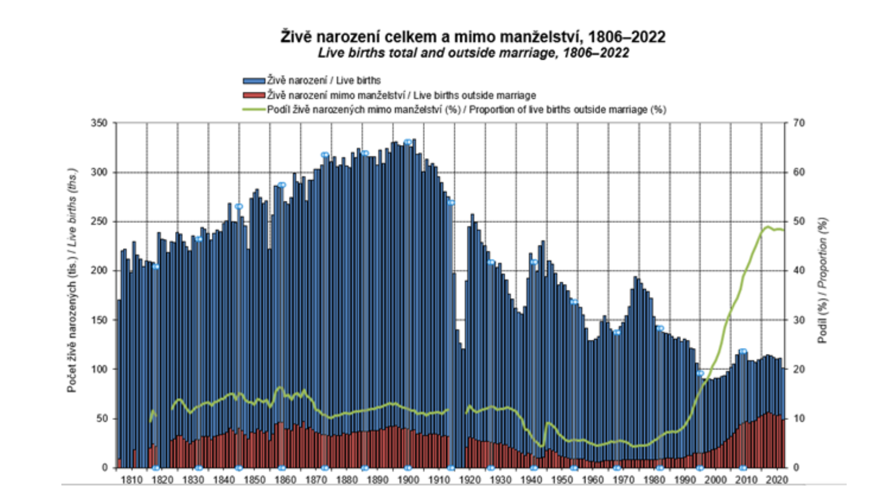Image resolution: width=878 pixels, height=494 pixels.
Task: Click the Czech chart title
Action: (472, 37)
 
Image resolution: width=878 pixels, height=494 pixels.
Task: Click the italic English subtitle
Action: (473, 53)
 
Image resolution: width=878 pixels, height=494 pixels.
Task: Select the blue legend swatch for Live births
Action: (254, 81)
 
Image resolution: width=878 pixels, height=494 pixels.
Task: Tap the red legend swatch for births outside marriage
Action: (254, 96)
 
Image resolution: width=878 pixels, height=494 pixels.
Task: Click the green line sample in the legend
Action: (254, 109)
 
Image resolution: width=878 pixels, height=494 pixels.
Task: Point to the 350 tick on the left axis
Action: (99, 123)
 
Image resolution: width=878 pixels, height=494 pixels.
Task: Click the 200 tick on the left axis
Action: (99, 271)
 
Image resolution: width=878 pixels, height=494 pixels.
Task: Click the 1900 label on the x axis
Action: (408, 480)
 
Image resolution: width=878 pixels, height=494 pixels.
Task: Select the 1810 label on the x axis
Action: (132, 480)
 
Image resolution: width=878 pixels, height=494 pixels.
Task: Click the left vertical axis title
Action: (72, 280)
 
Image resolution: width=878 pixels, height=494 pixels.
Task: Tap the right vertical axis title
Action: (823, 280)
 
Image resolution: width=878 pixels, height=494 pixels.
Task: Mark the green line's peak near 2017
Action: (768, 227)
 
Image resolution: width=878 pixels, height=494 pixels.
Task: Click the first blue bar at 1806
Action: (119, 384)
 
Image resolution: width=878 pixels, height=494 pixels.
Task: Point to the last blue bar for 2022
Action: (783, 418)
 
